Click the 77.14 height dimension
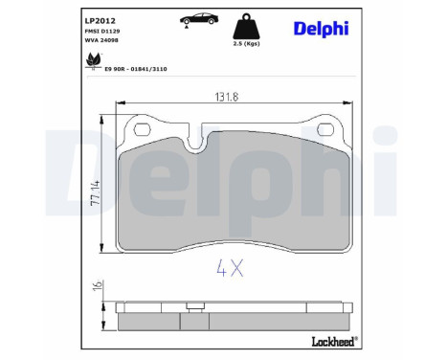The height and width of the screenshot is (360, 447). click(x=96, y=191)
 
